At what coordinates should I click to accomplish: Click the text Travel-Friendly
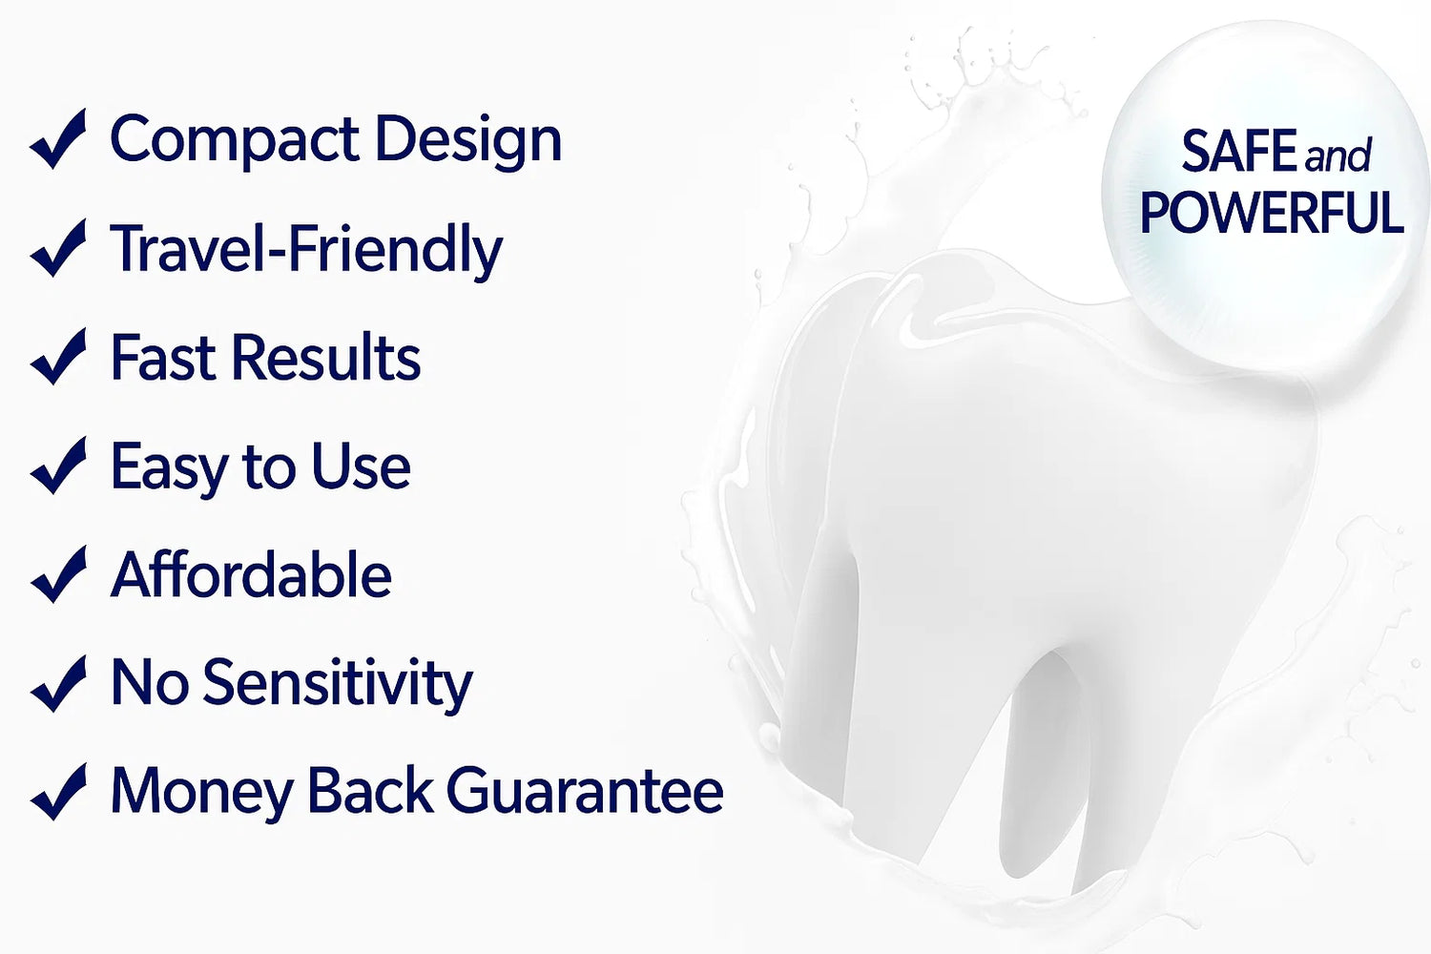click(306, 251)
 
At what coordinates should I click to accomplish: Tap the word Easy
click(169, 469)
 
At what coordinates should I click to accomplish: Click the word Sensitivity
click(338, 685)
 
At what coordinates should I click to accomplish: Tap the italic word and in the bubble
click(1338, 156)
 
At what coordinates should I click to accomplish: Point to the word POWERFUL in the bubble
click(1272, 212)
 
